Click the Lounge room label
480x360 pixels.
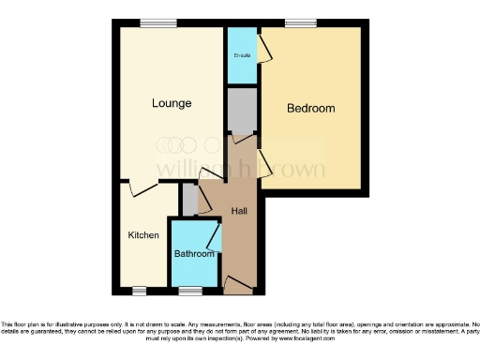172,103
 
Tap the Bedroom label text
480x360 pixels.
310,109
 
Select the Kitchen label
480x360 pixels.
143,235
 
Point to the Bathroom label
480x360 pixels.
195,254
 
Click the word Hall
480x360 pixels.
239,211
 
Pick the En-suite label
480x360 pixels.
242,56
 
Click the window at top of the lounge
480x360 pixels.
153,22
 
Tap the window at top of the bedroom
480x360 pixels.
300,22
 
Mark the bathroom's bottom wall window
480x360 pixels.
192,288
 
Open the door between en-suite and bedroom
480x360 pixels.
264,51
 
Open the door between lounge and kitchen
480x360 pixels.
143,187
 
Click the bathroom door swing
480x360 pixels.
215,238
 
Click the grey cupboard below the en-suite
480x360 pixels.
242,111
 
